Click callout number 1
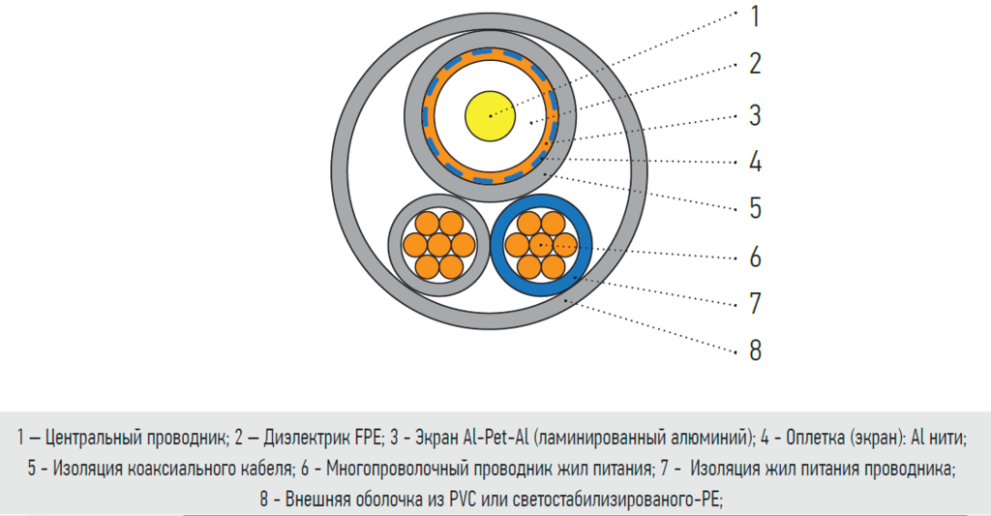pos(754,15)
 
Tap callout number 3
pos(754,116)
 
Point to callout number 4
pos(754,161)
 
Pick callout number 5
pos(754,208)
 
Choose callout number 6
pos(754,257)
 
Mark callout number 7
pos(754,303)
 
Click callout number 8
pos(754,349)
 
